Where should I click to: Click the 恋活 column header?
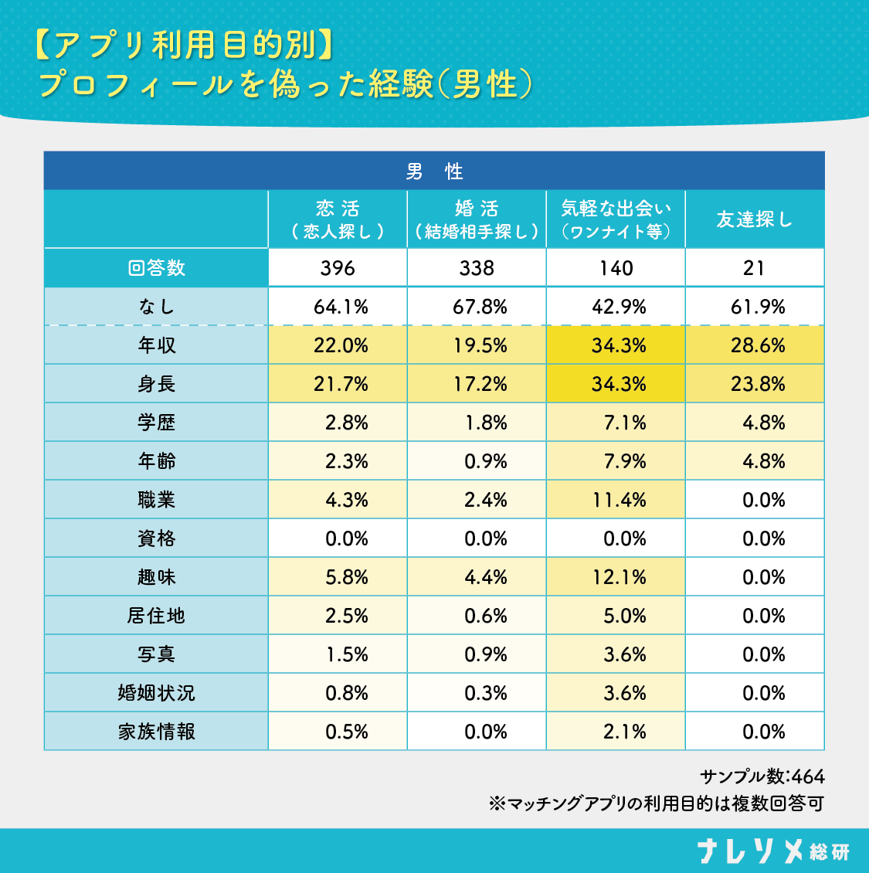(338, 219)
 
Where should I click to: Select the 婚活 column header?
(477, 219)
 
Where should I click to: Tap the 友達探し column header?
(754, 219)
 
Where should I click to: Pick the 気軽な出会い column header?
(616, 219)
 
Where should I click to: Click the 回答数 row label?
(156, 268)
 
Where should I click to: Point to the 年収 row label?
(156, 345)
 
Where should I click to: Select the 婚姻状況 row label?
(156, 693)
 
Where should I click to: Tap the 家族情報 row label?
(156, 732)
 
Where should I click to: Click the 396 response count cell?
(338, 268)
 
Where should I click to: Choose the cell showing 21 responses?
(754, 268)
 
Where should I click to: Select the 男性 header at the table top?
(434, 172)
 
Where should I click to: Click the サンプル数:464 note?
(762, 776)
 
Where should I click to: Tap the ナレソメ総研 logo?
(772, 851)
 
